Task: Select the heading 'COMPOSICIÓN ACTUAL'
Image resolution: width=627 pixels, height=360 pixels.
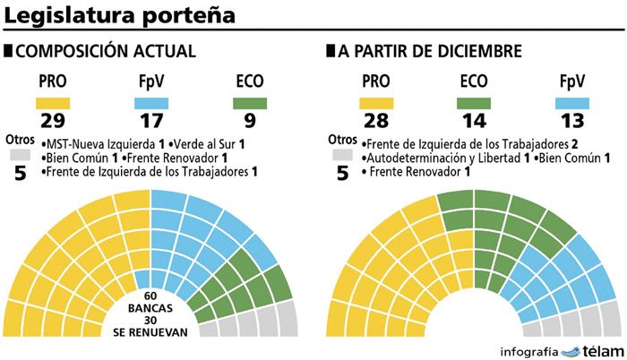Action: (x=106, y=52)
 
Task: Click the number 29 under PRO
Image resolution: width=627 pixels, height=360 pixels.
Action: (x=52, y=120)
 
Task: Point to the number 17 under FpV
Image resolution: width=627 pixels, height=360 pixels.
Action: (x=152, y=120)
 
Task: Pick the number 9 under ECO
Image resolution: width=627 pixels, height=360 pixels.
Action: (x=250, y=120)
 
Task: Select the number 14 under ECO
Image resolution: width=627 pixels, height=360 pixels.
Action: (x=476, y=120)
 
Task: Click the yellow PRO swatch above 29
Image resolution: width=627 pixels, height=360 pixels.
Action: (x=52, y=101)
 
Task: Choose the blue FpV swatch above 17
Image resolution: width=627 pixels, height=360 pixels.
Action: (x=152, y=101)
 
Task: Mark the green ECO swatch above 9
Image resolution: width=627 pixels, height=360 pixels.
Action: (x=250, y=101)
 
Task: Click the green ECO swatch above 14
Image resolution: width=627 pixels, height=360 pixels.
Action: (x=476, y=101)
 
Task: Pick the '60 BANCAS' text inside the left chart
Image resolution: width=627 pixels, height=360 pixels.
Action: (x=150, y=303)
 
